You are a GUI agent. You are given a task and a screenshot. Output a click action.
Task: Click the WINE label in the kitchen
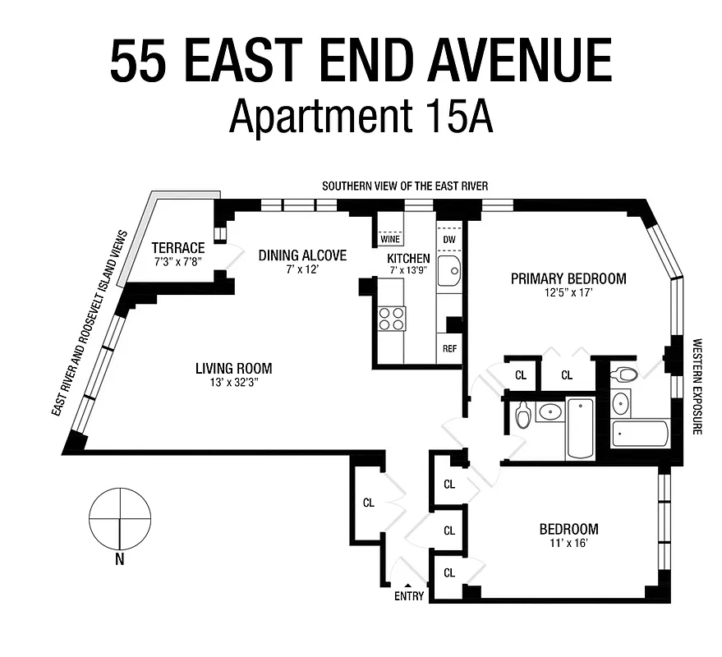point(389,239)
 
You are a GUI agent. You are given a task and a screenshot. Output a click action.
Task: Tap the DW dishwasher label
point(448,239)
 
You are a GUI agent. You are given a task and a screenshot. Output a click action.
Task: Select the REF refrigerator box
point(449,347)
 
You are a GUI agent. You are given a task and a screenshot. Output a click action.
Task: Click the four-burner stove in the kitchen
point(392,318)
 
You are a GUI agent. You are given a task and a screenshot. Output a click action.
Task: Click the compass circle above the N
point(120,518)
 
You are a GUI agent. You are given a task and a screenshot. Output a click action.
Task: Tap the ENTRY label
point(409,596)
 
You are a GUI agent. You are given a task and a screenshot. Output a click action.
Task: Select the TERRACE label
point(177,247)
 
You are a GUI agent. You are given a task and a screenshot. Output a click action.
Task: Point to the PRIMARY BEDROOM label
point(568,278)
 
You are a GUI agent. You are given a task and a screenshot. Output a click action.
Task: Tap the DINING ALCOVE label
point(302,255)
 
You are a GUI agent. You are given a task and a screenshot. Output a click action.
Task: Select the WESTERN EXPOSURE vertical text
point(697,386)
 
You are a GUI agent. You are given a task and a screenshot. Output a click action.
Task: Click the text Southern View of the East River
point(404,186)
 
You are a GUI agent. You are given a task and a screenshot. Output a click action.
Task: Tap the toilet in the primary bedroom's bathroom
point(626,375)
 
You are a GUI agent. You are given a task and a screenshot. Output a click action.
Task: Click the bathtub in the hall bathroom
point(579,428)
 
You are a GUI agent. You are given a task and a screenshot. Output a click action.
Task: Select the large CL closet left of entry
point(368,503)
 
